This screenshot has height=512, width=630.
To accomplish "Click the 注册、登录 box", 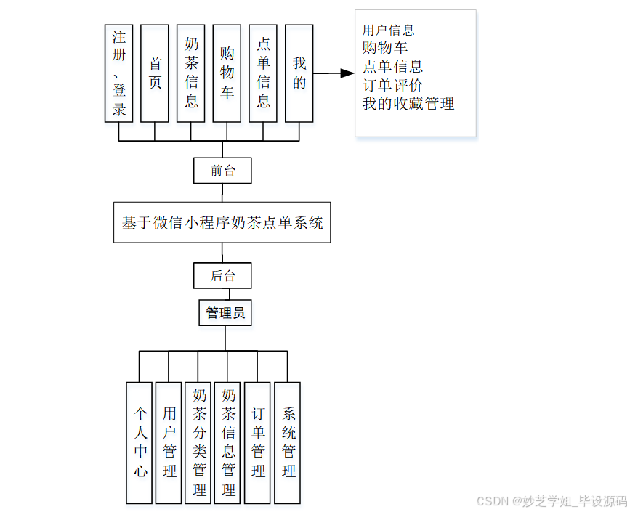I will (118, 73).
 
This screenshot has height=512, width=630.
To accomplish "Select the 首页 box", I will (154, 73).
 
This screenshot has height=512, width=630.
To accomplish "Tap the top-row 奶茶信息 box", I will (190, 73).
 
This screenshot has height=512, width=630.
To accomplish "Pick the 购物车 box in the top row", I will (227, 73).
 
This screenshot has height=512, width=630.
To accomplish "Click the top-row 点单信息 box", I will (263, 73).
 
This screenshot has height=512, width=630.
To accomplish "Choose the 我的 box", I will (299, 73).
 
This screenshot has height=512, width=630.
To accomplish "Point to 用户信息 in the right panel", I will (389, 31).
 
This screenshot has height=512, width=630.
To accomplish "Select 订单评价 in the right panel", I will (392, 85).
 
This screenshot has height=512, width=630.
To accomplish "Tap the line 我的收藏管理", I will (408, 104).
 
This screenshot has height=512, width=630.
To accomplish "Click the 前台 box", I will (222, 171).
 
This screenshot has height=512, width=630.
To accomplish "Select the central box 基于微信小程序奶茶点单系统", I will (222, 222).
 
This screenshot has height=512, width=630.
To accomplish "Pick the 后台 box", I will (222, 275).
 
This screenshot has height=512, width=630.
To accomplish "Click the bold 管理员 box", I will (225, 313).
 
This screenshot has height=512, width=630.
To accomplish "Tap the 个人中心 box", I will (140, 442).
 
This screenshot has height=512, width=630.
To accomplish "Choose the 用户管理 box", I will (169, 442).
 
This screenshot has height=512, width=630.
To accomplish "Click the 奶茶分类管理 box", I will (198, 442).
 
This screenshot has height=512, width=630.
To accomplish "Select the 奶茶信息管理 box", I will (227, 442).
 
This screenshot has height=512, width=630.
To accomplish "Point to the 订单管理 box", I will (258, 442).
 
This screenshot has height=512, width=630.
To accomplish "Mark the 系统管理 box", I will (288, 442).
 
